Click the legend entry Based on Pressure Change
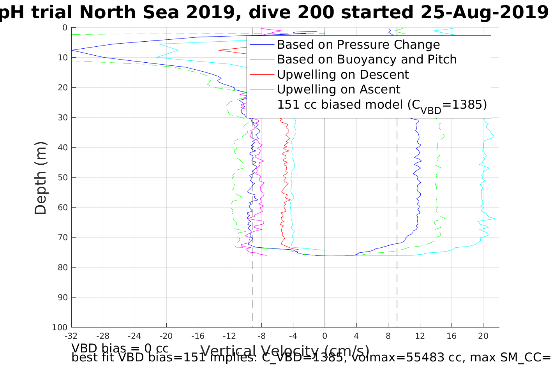[358, 45]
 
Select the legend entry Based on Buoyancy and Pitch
[367, 60]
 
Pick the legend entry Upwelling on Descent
[343, 75]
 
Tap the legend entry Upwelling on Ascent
[339, 90]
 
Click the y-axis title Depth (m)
[41, 178]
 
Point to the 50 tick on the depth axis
[62, 178]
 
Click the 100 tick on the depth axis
[60, 328]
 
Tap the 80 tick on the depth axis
[62, 268]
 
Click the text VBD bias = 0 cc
[120, 348]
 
